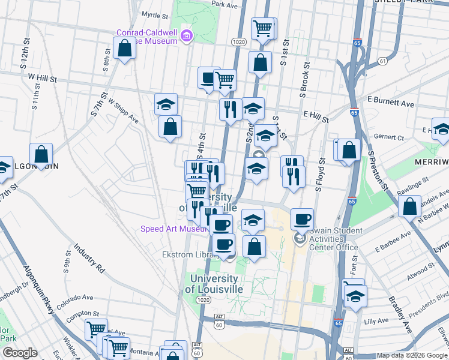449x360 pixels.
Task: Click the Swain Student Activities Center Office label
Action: (336, 239)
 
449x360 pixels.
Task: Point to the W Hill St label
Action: (41, 79)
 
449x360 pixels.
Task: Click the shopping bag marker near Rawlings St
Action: (409, 206)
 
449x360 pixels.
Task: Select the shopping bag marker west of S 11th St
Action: (41, 154)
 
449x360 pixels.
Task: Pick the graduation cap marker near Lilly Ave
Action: (356, 296)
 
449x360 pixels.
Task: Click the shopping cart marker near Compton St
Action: (95, 329)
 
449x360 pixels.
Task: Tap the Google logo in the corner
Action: (20, 353)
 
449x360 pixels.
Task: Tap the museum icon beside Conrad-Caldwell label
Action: (187, 36)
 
